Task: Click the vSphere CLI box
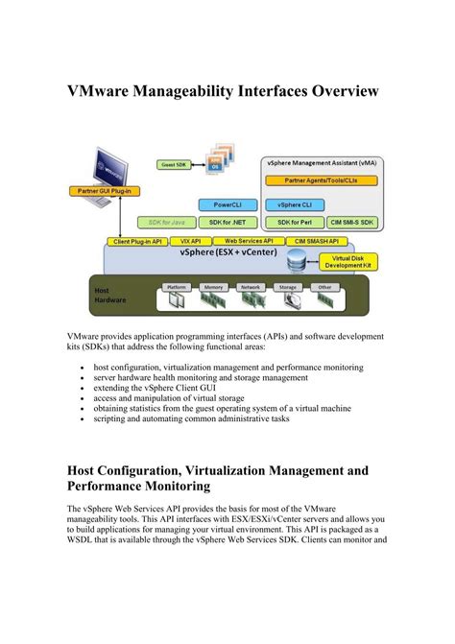(295, 204)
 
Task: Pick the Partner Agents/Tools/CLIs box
(316, 180)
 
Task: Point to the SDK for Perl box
(295, 222)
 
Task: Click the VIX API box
(189, 241)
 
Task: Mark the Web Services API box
(249, 241)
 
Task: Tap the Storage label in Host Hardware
(286, 287)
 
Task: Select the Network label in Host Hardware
(251, 287)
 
